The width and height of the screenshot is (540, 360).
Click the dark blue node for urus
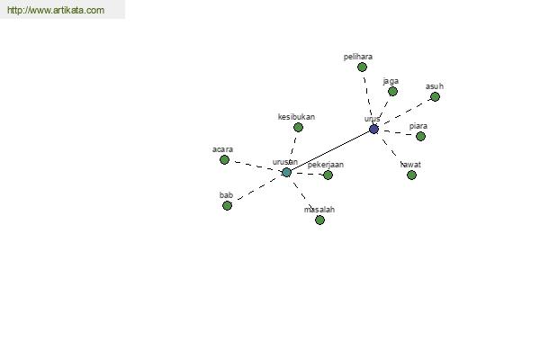(x=373, y=130)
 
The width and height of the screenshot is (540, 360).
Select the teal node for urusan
(x=286, y=172)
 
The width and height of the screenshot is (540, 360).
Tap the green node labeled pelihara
(x=362, y=67)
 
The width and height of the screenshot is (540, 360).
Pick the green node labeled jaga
(x=392, y=91)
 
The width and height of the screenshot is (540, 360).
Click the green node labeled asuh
(x=435, y=97)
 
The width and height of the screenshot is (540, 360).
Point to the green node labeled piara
(x=420, y=137)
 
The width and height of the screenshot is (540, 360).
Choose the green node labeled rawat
(x=411, y=175)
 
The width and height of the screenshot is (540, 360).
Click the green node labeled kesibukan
(x=298, y=128)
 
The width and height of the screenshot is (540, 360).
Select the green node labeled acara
(x=224, y=160)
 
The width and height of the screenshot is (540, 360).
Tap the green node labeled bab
(x=227, y=206)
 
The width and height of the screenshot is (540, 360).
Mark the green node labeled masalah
(x=319, y=220)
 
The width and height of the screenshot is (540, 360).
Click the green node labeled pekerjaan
(x=328, y=175)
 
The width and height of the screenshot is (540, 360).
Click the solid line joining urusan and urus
(x=330, y=151)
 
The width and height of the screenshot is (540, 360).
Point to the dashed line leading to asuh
(x=407, y=112)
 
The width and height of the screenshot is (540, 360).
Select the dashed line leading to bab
(x=256, y=189)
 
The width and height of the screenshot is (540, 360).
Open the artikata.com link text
(x=56, y=10)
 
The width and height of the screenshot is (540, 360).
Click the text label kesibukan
(x=296, y=117)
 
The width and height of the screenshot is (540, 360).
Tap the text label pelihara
(x=358, y=57)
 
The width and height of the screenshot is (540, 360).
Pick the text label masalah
(x=319, y=210)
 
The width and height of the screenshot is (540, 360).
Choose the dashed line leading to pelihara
(x=367, y=95)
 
